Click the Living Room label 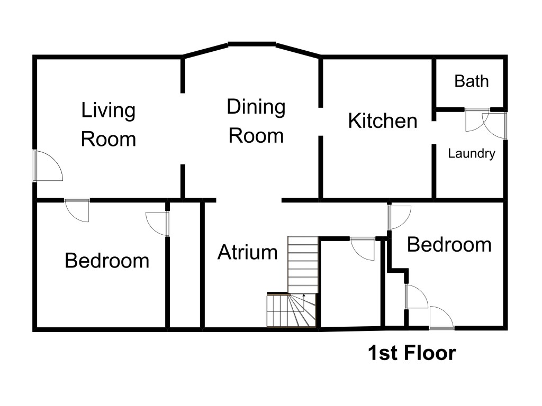tap(108, 124)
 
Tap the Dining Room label tap(256, 121)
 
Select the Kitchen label tap(383, 121)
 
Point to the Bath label tap(472, 81)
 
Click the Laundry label tap(472, 153)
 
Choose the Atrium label tap(248, 252)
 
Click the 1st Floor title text tap(412, 353)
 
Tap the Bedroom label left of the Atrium tap(107, 260)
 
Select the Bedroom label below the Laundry tap(449, 245)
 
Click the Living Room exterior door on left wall tap(48, 165)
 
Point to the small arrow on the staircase tap(303, 297)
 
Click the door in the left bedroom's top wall tap(77, 210)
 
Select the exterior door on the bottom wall tap(441, 318)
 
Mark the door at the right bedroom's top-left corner tap(400, 217)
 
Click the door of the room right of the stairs tap(363, 248)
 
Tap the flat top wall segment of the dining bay tap(252, 44)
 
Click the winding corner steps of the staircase tap(291, 310)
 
